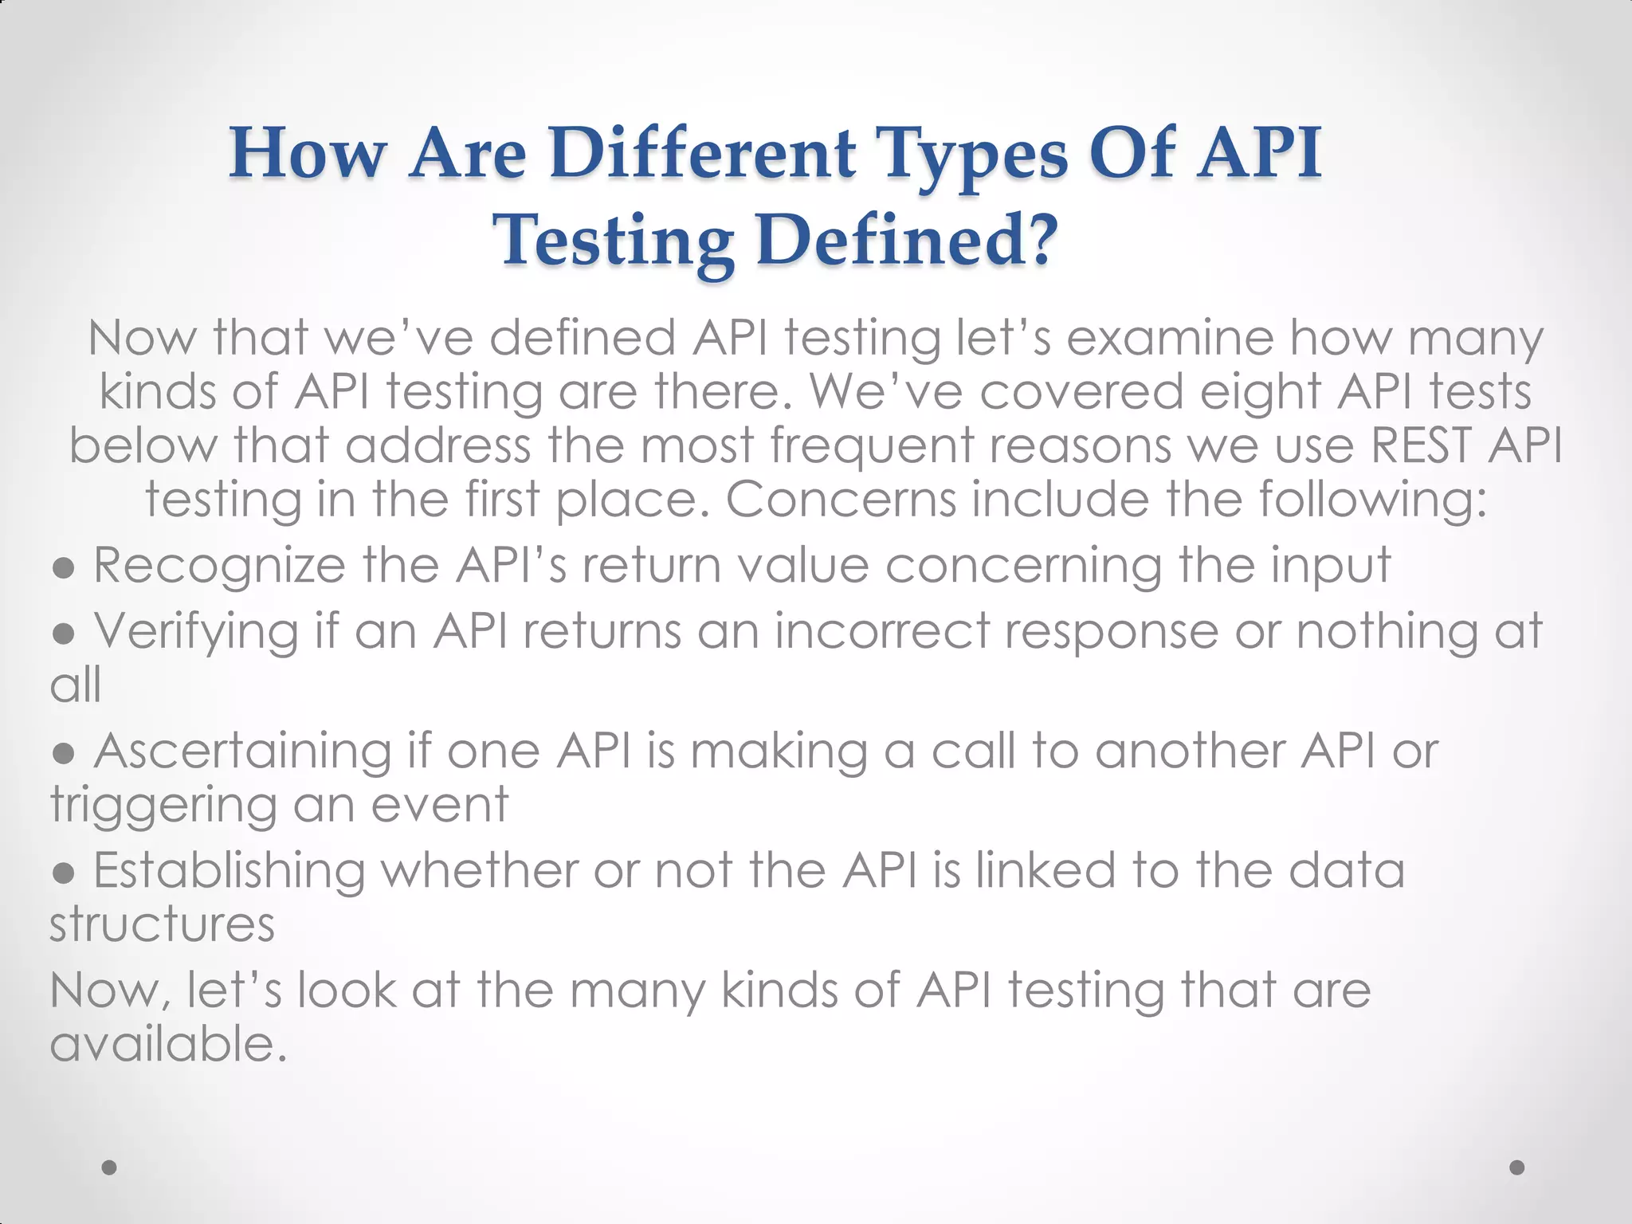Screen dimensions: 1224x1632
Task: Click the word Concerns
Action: pyautogui.click(x=841, y=500)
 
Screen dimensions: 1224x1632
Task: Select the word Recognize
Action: pyautogui.click(x=220, y=567)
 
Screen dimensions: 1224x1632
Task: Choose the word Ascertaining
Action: pyautogui.click(x=242, y=751)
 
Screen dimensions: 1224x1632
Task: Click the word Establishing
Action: pyautogui.click(x=229, y=871)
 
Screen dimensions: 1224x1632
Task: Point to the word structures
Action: pyautogui.click(x=163, y=924)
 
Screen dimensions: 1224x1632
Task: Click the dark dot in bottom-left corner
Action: pyautogui.click(x=109, y=1167)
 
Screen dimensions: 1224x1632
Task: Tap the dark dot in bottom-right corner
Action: pyautogui.click(x=1517, y=1167)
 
